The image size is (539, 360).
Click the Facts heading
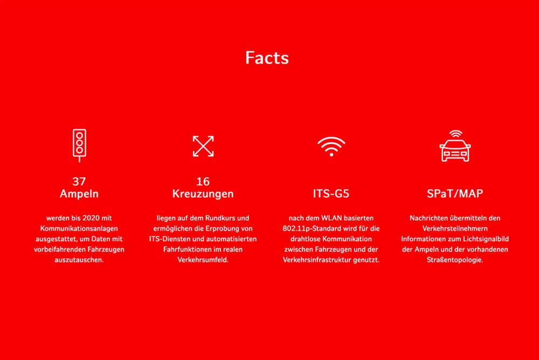click(x=267, y=58)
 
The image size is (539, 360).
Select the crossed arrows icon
click(x=203, y=146)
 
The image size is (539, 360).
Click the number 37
click(x=79, y=181)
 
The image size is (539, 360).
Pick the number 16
click(x=203, y=181)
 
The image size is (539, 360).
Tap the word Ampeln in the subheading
click(x=79, y=194)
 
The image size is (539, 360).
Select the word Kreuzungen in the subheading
click(x=203, y=194)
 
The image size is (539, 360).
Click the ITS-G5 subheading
click(x=331, y=193)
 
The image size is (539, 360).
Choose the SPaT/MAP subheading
click(x=455, y=193)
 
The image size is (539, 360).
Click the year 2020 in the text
click(x=91, y=218)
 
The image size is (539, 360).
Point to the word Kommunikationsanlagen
click(x=79, y=229)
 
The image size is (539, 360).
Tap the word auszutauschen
click(x=79, y=260)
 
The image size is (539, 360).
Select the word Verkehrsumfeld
click(x=203, y=260)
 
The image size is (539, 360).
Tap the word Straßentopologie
click(x=455, y=260)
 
